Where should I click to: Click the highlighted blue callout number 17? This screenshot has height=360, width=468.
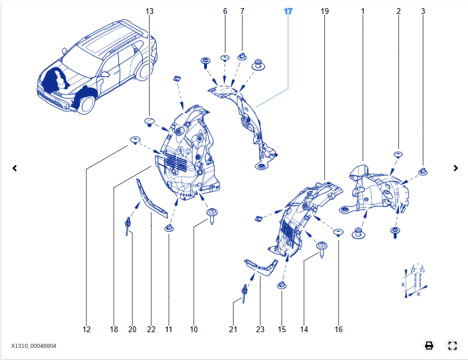289,11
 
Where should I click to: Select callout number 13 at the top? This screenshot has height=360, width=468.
150,11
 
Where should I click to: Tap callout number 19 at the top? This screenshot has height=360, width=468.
324,11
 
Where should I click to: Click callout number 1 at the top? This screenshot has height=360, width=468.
363,11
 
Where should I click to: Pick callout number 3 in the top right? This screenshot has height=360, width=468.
423,11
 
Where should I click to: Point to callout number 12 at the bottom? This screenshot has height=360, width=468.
86,329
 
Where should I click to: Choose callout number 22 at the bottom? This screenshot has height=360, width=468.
151,329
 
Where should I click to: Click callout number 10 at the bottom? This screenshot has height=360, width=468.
194,329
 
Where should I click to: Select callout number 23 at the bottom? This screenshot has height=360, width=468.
260,329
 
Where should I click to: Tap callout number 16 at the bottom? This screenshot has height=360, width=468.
339,329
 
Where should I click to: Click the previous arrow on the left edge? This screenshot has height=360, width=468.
14,168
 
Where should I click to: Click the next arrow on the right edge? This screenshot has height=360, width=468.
456,168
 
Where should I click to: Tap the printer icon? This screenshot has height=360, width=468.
429,346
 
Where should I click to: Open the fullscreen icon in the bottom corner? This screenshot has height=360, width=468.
453,346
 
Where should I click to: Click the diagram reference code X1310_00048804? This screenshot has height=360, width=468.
34,346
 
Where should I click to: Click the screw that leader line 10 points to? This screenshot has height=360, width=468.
212,216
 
